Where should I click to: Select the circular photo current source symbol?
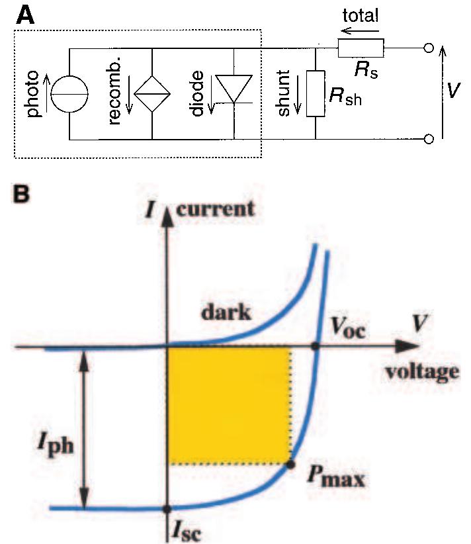(x=70, y=94)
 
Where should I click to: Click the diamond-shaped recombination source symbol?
(x=152, y=94)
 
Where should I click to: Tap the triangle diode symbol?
(x=235, y=89)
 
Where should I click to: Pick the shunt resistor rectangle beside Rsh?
(x=316, y=93)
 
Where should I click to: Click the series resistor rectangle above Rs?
(x=361, y=48)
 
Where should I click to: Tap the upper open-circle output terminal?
(x=429, y=48)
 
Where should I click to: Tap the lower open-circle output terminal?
(x=429, y=139)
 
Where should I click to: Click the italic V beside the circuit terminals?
(x=452, y=90)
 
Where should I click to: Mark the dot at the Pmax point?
(x=290, y=464)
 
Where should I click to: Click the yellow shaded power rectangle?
(x=228, y=404)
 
